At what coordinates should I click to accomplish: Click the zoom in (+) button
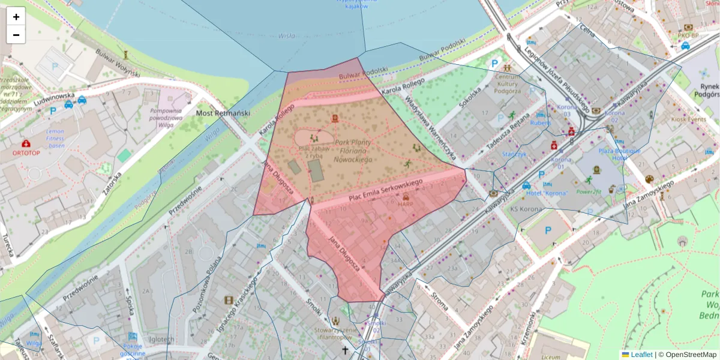[x=16, y=17]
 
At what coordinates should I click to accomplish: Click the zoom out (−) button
[x=16, y=35]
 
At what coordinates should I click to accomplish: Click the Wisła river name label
[x=287, y=36]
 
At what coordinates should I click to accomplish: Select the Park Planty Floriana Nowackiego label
[x=353, y=151]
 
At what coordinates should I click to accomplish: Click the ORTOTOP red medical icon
[x=26, y=144]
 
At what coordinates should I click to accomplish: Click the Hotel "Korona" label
[x=547, y=193]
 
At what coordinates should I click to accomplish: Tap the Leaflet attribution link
[x=641, y=355]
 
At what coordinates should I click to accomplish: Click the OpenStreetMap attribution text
[x=687, y=355]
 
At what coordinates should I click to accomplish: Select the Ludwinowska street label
[x=54, y=95]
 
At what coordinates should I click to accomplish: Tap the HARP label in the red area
[x=406, y=203]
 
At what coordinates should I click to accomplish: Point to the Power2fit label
[x=589, y=192]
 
